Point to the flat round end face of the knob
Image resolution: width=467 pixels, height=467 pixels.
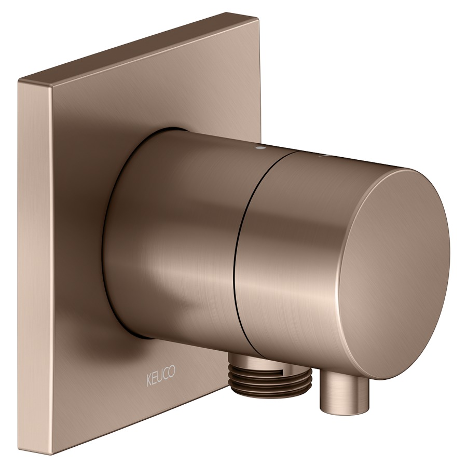coord(393,272)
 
